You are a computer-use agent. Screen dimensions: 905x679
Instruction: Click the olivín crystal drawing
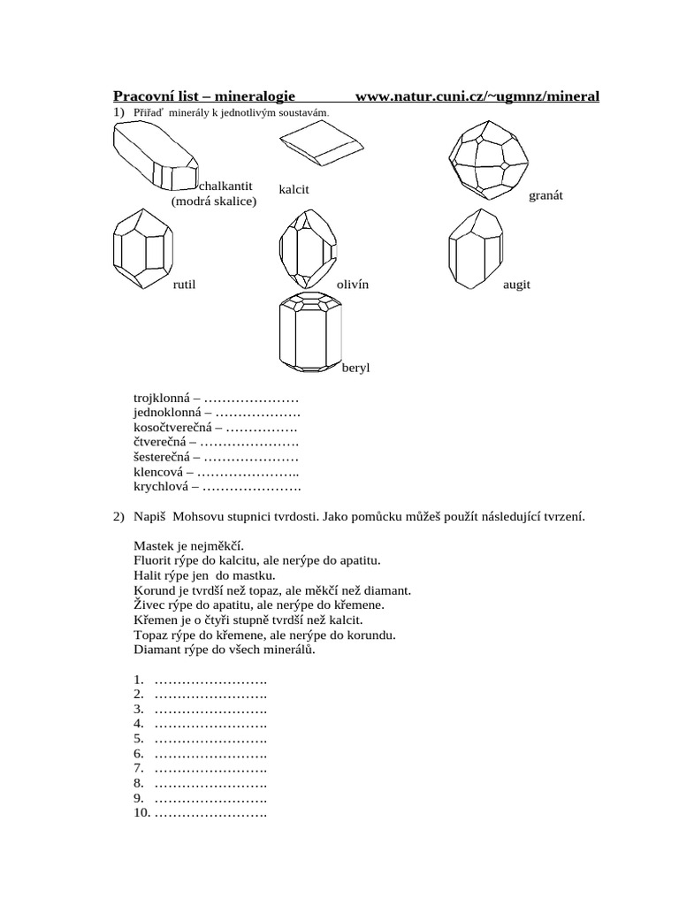pyautogui.click(x=307, y=247)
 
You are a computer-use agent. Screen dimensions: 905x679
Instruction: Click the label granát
pyautogui.click(x=545, y=195)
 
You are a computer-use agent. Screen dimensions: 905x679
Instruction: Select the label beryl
pyautogui.click(x=355, y=367)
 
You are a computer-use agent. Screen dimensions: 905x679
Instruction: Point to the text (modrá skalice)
pyautogui.click(x=213, y=202)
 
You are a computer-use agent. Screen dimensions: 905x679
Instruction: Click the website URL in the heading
pyautogui.click(x=477, y=96)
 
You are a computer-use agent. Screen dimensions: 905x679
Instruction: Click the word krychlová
pyautogui.click(x=162, y=486)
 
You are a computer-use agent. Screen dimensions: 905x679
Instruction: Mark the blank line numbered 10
pyautogui.click(x=210, y=813)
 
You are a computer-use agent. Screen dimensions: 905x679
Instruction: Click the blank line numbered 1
pyautogui.click(x=210, y=680)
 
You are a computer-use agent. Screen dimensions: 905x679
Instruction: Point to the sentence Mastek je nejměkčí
pyautogui.click(x=187, y=546)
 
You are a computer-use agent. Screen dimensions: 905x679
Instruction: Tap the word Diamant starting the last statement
pyautogui.click(x=159, y=650)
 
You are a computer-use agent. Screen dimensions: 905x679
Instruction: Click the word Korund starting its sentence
pyautogui.click(x=156, y=590)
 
